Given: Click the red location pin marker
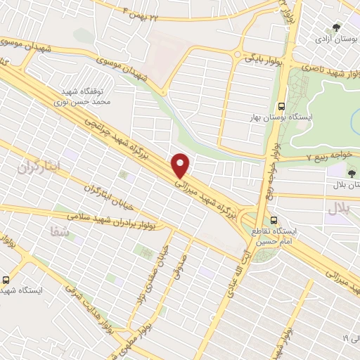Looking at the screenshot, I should [x=181, y=165].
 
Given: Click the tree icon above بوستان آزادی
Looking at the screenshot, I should [x=337, y=27].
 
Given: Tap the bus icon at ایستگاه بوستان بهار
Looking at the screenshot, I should [x=281, y=100].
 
